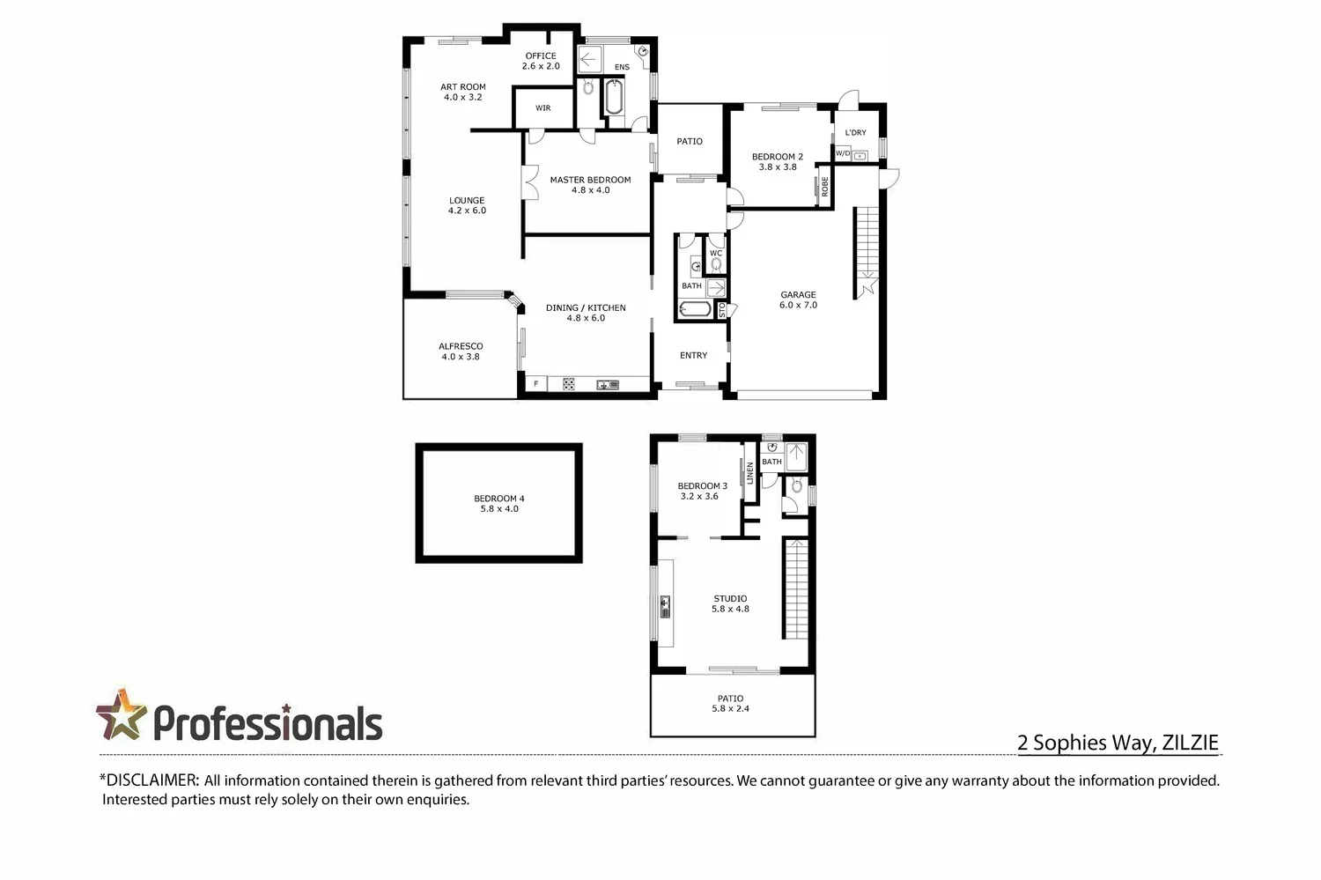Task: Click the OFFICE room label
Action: [541, 61]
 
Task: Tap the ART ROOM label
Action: [463, 92]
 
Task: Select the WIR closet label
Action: [543, 108]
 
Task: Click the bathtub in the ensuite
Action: [614, 97]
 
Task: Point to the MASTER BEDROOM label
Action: [590, 185]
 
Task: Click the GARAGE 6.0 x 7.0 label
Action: [799, 299]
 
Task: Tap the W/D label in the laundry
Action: [843, 153]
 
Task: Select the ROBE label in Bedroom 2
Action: [825, 187]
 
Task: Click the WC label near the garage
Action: [716, 253]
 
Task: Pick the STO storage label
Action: [722, 310]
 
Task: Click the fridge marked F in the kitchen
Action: [536, 384]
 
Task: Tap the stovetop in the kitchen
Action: [569, 385]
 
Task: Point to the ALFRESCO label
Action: [461, 351]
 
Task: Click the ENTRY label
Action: [694, 355]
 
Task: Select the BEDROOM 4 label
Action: [499, 504]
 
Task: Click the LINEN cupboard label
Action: [750, 473]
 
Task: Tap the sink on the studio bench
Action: [665, 607]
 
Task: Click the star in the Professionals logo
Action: [121, 714]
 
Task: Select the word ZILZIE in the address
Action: [1190, 743]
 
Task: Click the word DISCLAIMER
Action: [152, 780]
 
